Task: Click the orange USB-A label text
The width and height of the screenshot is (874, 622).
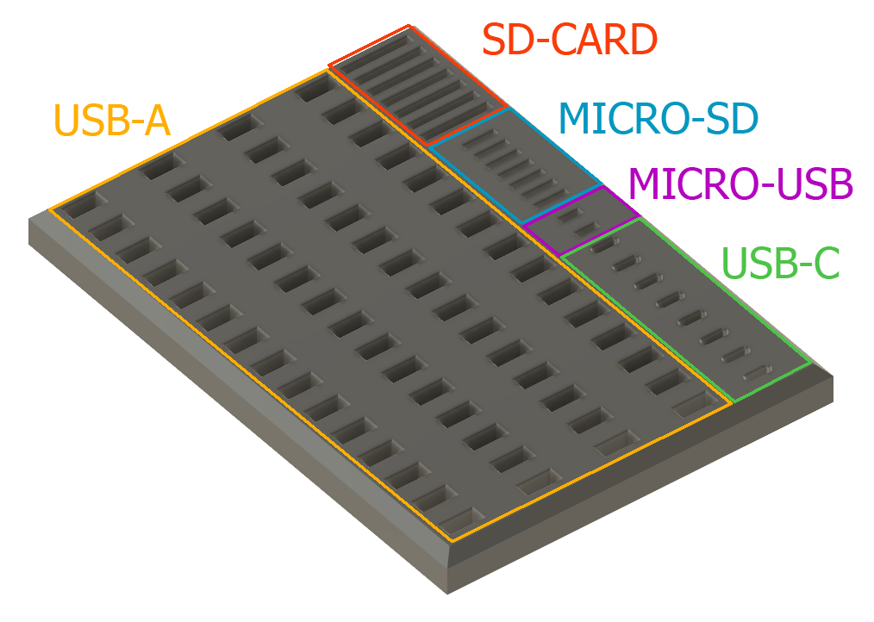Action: coord(111,121)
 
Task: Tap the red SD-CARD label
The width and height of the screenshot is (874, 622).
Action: coord(570,40)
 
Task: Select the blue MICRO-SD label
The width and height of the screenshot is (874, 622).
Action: coord(659,119)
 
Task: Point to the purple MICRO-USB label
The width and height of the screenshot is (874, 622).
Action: coord(740,183)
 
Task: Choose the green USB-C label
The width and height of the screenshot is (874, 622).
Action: coord(780,263)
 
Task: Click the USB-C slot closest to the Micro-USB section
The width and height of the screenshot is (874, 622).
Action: coord(604,245)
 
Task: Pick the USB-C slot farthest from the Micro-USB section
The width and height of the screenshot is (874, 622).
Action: coord(758,373)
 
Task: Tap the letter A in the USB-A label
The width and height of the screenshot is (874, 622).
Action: coord(156,121)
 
